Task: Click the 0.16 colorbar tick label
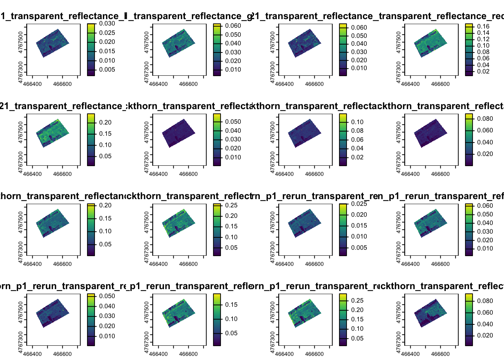click(483, 26)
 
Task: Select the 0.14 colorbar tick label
click(483, 33)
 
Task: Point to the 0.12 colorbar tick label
click(483, 39)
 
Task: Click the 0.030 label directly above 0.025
click(107, 23)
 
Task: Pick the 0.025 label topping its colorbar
click(359, 204)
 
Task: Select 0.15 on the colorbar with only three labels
click(231, 304)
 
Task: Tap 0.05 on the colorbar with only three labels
click(231, 333)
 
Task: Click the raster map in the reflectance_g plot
click(179, 43)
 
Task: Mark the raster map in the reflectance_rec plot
click(431, 43)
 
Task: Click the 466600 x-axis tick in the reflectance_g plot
click(188, 84)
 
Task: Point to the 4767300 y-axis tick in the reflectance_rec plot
click(399, 69)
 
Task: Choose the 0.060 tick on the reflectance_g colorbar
click(233, 25)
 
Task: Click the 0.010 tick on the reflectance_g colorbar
click(233, 69)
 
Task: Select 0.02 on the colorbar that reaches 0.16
click(483, 71)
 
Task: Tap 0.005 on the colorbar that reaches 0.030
click(107, 69)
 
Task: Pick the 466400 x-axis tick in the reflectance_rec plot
click(410, 84)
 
